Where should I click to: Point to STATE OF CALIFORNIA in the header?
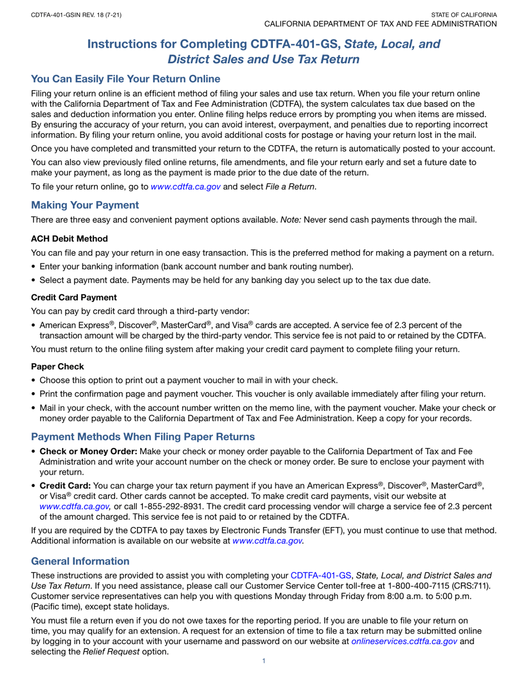(x=464, y=14)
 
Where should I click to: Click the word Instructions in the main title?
(x=122, y=44)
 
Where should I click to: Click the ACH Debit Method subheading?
(x=69, y=239)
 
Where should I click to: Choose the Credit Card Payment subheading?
(x=74, y=297)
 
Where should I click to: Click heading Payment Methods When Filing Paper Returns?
(x=143, y=435)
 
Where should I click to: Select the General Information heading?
(x=81, y=561)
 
